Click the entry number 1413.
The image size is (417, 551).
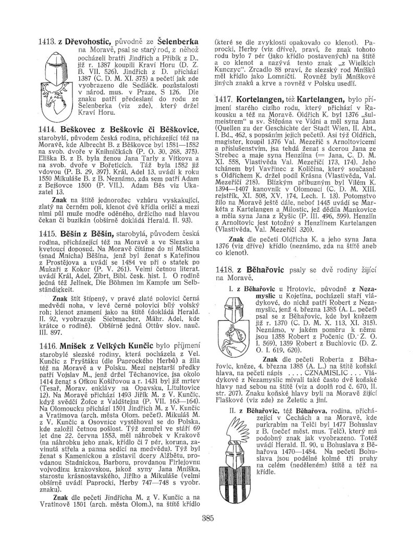coord(47,41)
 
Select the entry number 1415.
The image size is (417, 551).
coord(48,222)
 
